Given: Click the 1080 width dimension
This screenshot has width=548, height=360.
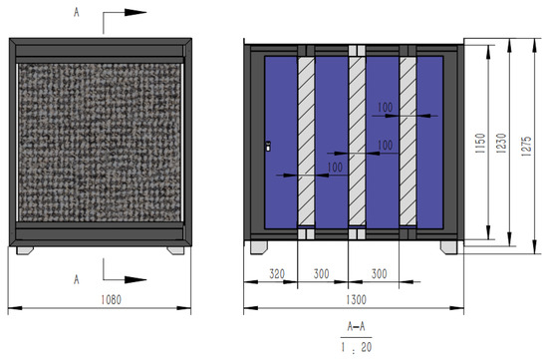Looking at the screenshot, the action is [112, 300].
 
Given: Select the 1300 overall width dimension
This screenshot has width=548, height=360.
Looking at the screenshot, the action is [356, 300].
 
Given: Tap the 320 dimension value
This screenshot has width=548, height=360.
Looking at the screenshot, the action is [277, 274].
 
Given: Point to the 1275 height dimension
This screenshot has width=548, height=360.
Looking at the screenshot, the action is [526, 146].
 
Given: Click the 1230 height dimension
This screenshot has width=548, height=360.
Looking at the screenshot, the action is [501, 143].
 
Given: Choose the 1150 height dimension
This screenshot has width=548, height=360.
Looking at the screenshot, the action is [480, 143].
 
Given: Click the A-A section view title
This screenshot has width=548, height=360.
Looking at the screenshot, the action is [356, 326].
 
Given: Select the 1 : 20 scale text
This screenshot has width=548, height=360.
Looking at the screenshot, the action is [357, 347].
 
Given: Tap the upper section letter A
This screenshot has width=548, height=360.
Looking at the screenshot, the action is [77, 12].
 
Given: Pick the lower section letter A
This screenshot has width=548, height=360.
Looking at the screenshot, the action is [77, 279].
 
